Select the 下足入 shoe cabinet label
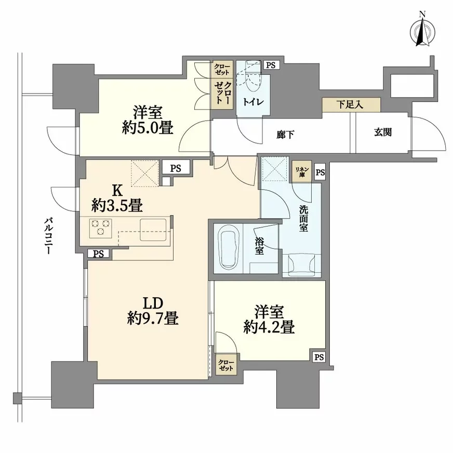pyautogui.click(x=351, y=105)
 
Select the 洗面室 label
pyautogui.click(x=305, y=220)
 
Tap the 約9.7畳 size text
pyautogui.click(x=153, y=318)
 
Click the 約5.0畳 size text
pyautogui.click(x=148, y=128)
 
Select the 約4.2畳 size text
pyautogui.click(x=270, y=327)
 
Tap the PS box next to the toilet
pyautogui.click(x=271, y=65)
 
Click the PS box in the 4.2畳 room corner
pyautogui.click(x=318, y=357)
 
